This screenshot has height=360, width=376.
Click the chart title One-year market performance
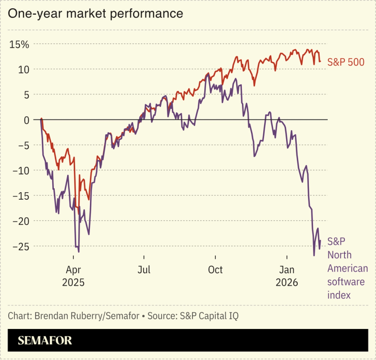point(95,14)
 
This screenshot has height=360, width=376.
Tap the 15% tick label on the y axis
point(19,44)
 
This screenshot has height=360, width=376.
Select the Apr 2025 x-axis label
point(74,275)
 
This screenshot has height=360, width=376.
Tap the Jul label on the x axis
point(145,269)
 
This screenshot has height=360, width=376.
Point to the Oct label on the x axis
point(215,269)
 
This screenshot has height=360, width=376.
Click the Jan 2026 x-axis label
point(287,275)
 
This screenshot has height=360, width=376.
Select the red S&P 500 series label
point(345,62)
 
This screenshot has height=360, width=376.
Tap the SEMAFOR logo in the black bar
point(45,341)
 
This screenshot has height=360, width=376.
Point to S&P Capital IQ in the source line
point(209,316)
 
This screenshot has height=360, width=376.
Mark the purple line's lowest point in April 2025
point(78,252)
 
